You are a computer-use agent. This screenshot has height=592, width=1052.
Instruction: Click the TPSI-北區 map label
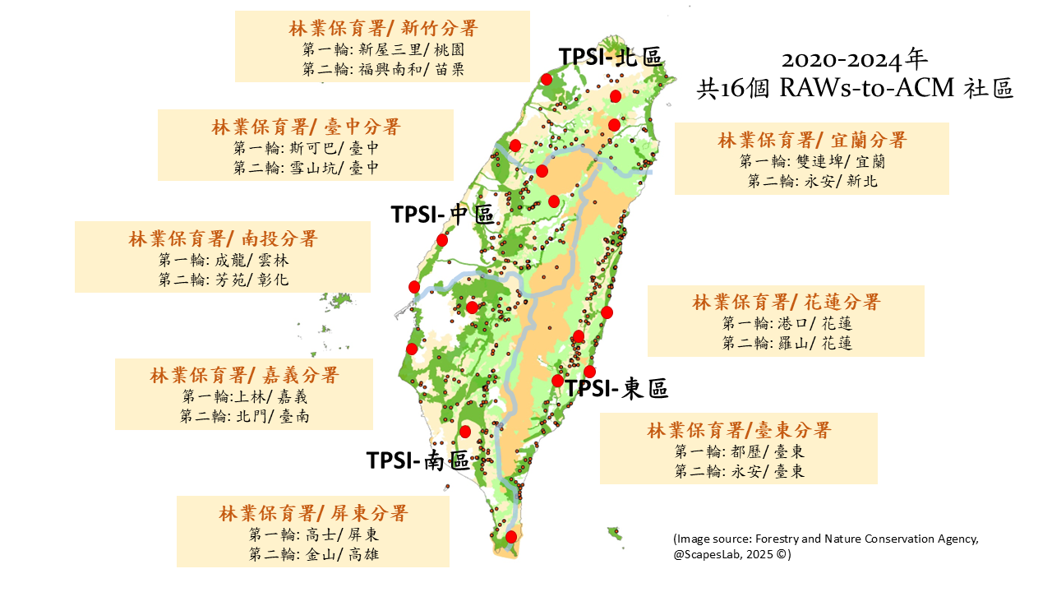click(x=611, y=56)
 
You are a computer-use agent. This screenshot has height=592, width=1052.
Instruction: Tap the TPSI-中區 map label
click(x=442, y=215)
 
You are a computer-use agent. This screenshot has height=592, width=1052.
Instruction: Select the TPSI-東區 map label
click(x=617, y=388)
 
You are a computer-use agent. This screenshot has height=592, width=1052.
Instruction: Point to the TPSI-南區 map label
click(x=418, y=460)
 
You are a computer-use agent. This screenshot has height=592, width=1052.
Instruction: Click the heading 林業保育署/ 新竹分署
click(x=383, y=28)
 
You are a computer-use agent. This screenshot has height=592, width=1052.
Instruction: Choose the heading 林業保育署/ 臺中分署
click(x=306, y=127)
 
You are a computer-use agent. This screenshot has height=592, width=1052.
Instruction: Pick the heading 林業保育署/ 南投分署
click(x=223, y=239)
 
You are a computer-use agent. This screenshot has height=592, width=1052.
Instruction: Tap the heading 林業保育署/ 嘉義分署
click(x=244, y=376)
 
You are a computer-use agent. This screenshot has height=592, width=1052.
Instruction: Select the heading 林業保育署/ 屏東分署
click(x=313, y=513)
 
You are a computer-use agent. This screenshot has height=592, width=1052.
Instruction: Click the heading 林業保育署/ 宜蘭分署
click(x=812, y=140)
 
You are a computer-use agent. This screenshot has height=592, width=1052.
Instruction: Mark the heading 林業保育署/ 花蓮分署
click(x=786, y=301)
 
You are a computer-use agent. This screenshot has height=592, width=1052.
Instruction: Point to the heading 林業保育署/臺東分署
click(x=739, y=430)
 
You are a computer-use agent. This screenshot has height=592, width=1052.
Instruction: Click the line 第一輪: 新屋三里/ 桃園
click(x=383, y=49)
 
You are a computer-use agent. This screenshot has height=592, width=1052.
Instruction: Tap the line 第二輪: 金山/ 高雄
click(x=313, y=554)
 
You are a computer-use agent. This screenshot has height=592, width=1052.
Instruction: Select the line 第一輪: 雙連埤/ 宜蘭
click(x=812, y=161)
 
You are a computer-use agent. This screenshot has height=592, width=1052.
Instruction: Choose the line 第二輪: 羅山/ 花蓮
click(x=787, y=343)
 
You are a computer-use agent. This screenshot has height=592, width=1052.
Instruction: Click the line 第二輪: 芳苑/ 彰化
click(x=224, y=280)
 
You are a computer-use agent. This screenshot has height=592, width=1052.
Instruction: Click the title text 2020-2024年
click(x=855, y=60)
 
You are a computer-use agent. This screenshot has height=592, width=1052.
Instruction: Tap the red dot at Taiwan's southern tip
click(x=511, y=537)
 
